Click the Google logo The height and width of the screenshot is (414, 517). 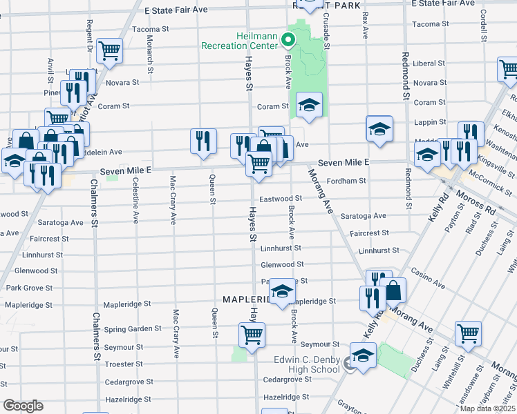pyautogui.click(x=23, y=406)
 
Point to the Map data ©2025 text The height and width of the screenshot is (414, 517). pyautogui.click(x=487, y=408)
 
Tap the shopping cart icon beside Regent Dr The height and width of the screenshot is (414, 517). pyautogui.click(x=110, y=50)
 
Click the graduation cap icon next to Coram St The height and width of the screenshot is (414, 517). pyautogui.click(x=310, y=105)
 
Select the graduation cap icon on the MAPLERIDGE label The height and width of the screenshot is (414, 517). pyautogui.click(x=281, y=292)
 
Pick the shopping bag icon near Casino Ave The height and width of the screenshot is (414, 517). pyautogui.click(x=393, y=291)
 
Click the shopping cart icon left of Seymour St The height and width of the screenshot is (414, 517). pyautogui.click(x=252, y=335)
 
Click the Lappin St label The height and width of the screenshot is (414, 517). pyautogui.click(x=429, y=121)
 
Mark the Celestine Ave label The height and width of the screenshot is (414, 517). pyautogui.click(x=132, y=199)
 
